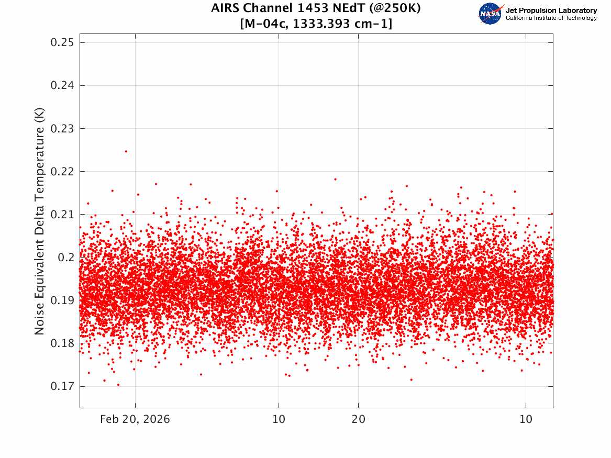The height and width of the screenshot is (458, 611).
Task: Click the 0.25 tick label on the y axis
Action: pyautogui.click(x=61, y=43)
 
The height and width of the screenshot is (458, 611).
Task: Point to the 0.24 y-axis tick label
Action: pyautogui.click(x=61, y=86)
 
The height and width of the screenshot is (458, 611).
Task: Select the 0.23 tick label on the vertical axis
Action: pyautogui.click(x=61, y=129)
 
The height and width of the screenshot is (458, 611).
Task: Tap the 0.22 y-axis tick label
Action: pyautogui.click(x=61, y=172)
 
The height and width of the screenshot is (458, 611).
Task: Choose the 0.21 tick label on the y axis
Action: pyautogui.click(x=61, y=215)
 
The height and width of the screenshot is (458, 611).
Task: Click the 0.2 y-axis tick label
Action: pyautogui.click(x=64, y=258)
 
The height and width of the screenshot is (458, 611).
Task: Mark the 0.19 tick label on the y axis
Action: pyautogui.click(x=61, y=300)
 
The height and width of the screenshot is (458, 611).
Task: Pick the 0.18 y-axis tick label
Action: pyautogui.click(x=61, y=343)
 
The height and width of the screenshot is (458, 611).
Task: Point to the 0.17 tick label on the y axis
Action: pyautogui.click(x=61, y=386)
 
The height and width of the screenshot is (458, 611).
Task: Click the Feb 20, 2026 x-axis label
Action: pyautogui.click(x=135, y=420)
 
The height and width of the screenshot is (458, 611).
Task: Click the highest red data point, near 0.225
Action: pyautogui.click(x=126, y=151)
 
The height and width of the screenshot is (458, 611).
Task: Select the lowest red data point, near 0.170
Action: pyautogui.click(x=118, y=385)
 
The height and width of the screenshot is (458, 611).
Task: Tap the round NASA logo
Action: pyautogui.click(x=491, y=14)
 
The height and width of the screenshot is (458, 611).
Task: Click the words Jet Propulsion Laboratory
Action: pyautogui.click(x=551, y=10)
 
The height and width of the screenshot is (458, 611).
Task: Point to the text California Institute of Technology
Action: pyautogui.click(x=551, y=18)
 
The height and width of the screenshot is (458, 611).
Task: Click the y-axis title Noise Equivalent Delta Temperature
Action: pyautogui.click(x=39, y=221)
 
